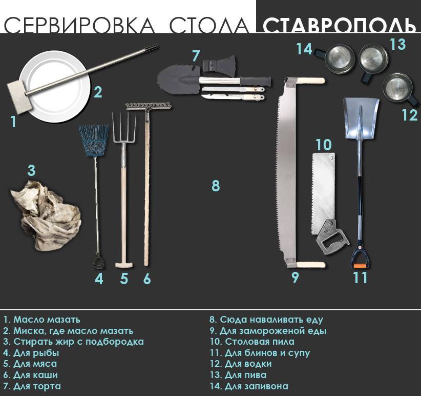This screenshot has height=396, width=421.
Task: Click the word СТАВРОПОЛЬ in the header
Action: (x=340, y=26)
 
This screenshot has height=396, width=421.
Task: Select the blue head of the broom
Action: (x=94, y=140)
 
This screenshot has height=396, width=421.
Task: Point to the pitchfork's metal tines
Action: (x=124, y=128)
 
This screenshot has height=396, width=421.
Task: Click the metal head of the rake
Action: (x=149, y=107)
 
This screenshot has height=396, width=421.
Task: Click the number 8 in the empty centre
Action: (x=216, y=186)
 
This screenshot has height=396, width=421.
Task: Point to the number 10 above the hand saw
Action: (x=324, y=145)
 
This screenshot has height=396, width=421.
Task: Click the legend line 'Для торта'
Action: (x=32, y=386)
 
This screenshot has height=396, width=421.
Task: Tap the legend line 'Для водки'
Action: (x=241, y=364)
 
